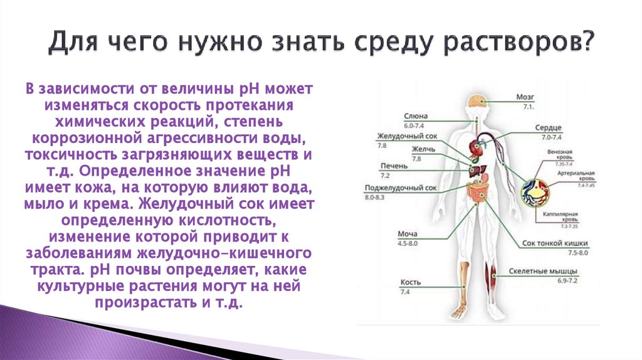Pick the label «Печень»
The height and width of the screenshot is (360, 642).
(x=393, y=166)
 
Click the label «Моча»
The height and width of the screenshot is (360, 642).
(x=408, y=234)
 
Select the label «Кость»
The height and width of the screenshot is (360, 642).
(x=409, y=283)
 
